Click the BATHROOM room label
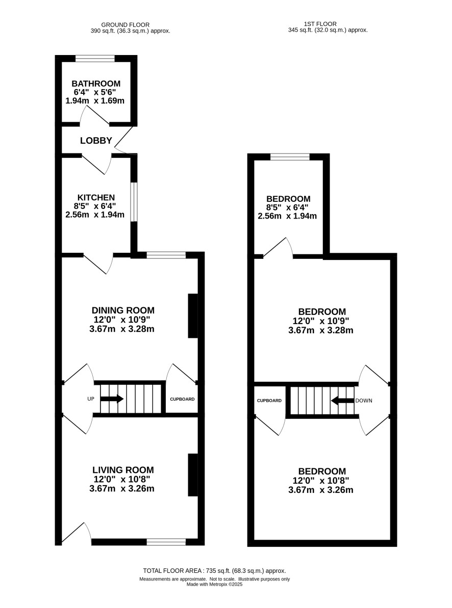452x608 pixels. click(x=96, y=84)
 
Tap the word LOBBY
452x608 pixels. click(x=96, y=140)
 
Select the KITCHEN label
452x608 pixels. click(x=96, y=197)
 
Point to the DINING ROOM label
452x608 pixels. click(x=123, y=310)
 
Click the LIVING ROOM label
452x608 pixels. click(x=123, y=470)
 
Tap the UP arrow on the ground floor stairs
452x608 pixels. click(x=112, y=399)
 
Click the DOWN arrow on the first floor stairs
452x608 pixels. click(x=343, y=401)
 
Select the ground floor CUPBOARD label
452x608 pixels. click(x=182, y=399)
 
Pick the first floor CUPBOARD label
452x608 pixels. click(x=269, y=401)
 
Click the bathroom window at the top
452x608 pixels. click(x=95, y=59)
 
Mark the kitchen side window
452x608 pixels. click(x=134, y=202)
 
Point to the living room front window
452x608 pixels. click(x=166, y=542)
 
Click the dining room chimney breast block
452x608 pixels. click(x=193, y=315)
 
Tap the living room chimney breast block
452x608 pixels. click(x=193, y=475)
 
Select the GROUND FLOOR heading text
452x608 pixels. click(x=125, y=25)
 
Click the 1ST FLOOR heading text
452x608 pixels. click(x=320, y=24)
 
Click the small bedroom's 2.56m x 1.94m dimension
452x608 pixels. click(x=287, y=216)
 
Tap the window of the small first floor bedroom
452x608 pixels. click(x=290, y=156)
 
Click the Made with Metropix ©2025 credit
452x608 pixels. click(x=214, y=585)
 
